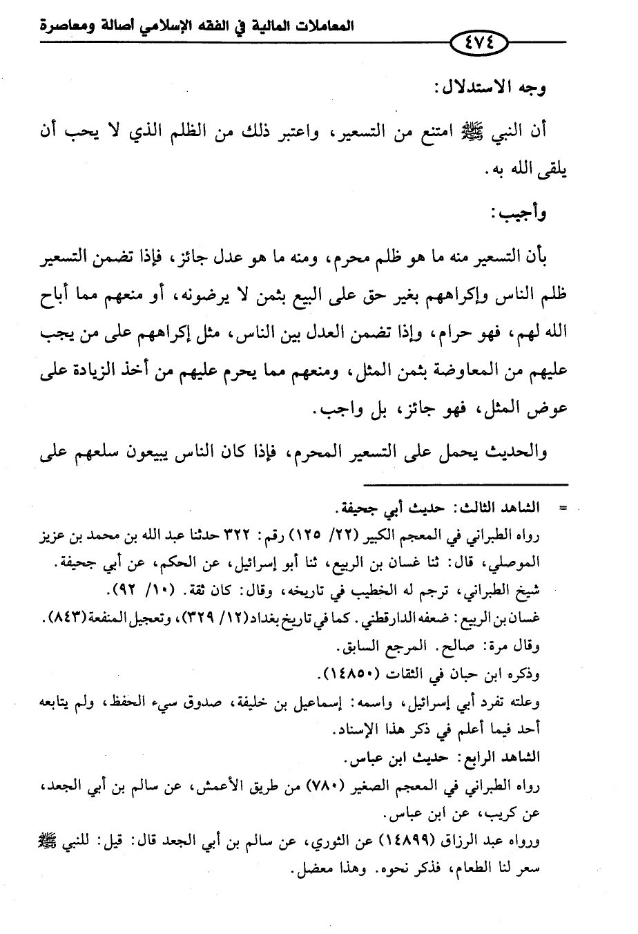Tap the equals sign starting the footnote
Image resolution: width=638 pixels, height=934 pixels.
(x=561, y=508)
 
